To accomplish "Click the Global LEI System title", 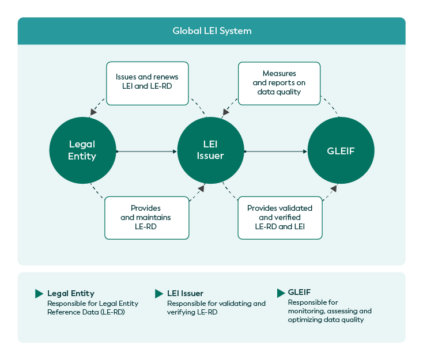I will point(211,31).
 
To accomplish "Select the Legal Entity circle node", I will point(82,150).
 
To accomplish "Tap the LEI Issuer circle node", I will point(210,150).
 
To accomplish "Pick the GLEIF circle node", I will point(341,151).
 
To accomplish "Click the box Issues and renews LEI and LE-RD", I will point(147,84).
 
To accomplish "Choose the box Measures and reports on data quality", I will point(279,83).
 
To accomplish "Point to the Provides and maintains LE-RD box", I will point(146,217).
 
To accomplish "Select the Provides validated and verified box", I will point(280,217).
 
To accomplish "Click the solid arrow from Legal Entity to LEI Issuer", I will point(146,151).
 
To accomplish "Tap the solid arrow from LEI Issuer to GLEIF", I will point(275,151).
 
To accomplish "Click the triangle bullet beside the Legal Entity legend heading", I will point(39,294).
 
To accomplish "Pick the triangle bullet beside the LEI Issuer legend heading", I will point(159,294).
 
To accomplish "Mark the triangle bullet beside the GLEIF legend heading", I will point(281,293).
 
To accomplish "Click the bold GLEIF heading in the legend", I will point(299,293).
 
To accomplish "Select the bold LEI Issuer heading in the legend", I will point(185,294).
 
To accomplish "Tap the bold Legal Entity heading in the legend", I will point(71,294).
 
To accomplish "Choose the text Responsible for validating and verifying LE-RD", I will point(216,308).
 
